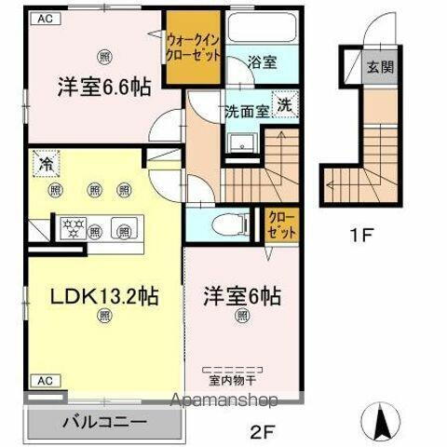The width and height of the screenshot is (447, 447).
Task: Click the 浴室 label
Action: (262, 62)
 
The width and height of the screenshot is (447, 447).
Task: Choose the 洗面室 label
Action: (246, 109)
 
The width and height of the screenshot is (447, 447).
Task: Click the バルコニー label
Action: (105, 421)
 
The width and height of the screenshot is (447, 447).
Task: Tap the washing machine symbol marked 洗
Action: (285, 105)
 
